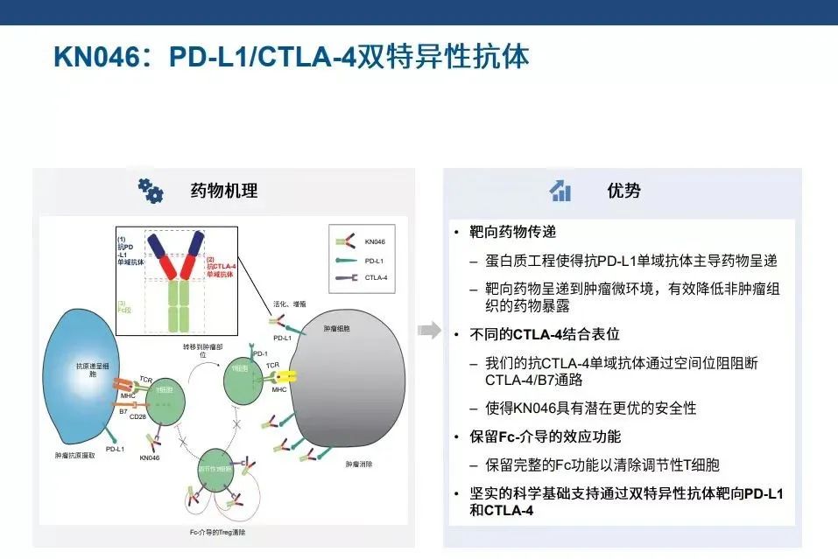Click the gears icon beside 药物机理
151,190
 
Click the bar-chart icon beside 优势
560,191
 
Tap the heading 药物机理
224,190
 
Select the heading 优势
623,190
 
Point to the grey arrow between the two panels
428,330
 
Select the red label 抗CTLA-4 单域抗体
222,268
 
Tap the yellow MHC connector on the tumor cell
284,375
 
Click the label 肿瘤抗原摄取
76,456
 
